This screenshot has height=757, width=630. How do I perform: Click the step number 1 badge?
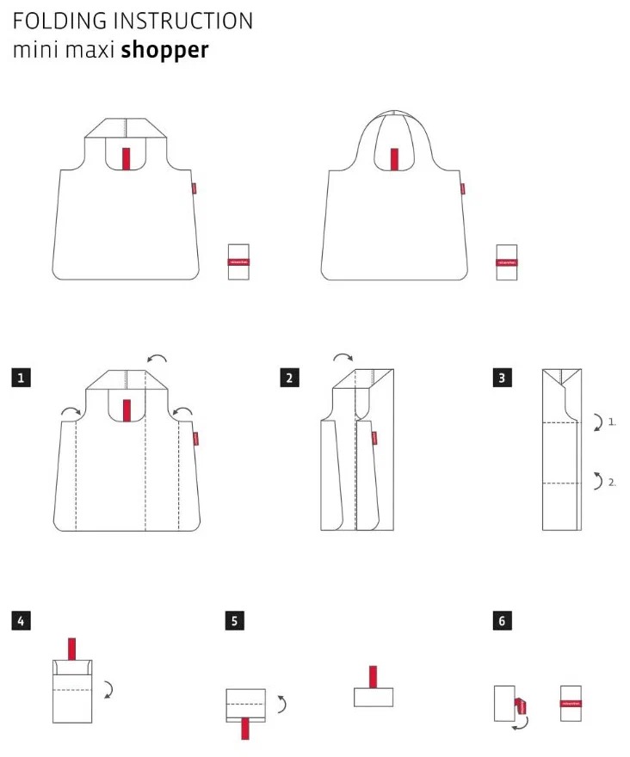tap(22, 377)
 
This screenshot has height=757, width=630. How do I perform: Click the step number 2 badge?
tap(289, 377)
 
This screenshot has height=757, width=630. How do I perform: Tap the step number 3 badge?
tap(503, 377)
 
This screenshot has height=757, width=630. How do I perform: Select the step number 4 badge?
tap(22, 620)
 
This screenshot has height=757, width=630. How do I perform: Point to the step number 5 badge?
tap(235, 620)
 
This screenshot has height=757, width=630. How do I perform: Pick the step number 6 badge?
tap(503, 620)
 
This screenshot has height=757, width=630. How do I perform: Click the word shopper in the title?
tap(164, 50)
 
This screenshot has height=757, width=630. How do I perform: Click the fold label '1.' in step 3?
tap(612, 422)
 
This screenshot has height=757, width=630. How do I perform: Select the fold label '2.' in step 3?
tap(612, 482)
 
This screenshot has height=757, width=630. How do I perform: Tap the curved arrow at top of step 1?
tap(157, 357)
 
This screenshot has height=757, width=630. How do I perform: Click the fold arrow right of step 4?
tap(108, 688)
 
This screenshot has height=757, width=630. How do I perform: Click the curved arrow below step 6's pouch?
tap(519, 724)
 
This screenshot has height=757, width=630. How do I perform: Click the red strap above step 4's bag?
tap(72, 649)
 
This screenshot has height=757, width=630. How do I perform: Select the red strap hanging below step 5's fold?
tap(246, 728)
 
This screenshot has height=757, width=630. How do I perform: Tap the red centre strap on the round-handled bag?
tap(394, 159)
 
